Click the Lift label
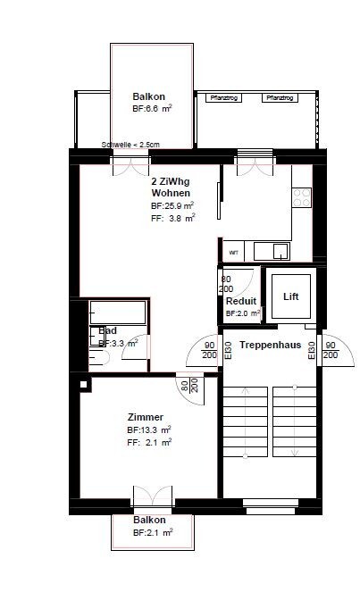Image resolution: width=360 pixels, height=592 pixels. tap(290, 296)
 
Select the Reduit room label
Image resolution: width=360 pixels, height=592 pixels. tap(241, 301)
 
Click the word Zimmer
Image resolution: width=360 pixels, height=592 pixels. tap(144, 417)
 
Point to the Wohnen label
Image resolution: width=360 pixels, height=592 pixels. tap(170, 192)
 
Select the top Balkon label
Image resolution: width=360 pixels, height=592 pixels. tap(149, 96)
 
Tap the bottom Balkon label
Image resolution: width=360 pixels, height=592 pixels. tap(149, 519)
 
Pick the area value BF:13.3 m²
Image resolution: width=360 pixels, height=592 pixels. tap(148, 429)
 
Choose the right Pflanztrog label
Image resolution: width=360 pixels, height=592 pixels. tap(277, 97)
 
